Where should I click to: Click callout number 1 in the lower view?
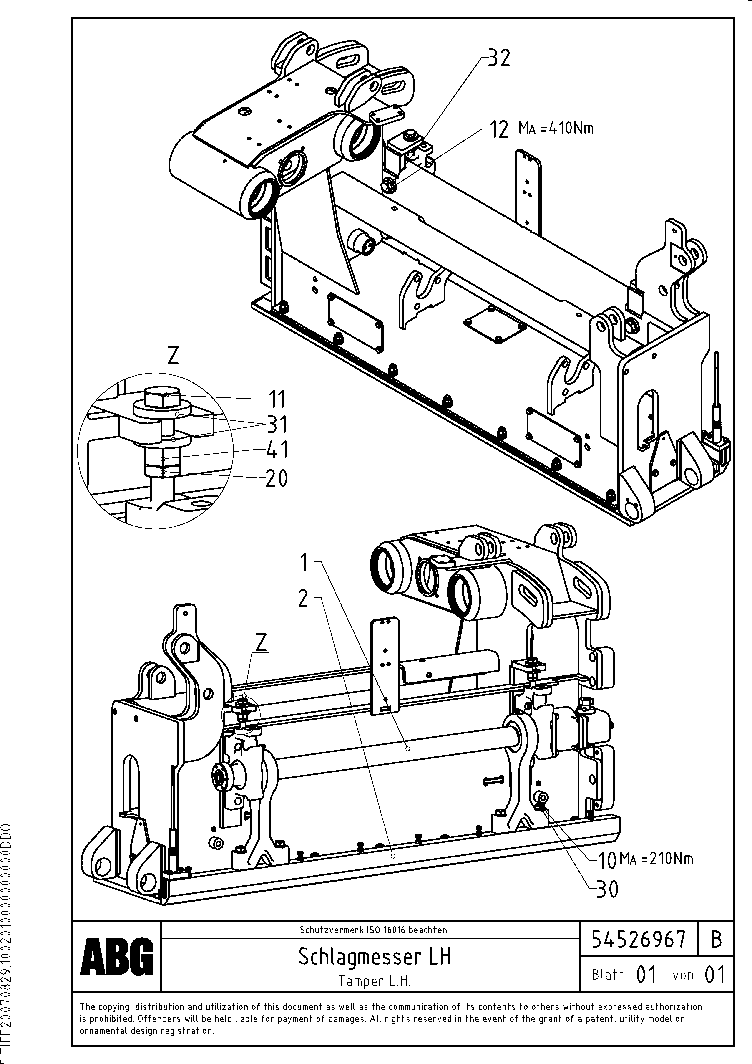click(304, 563)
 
